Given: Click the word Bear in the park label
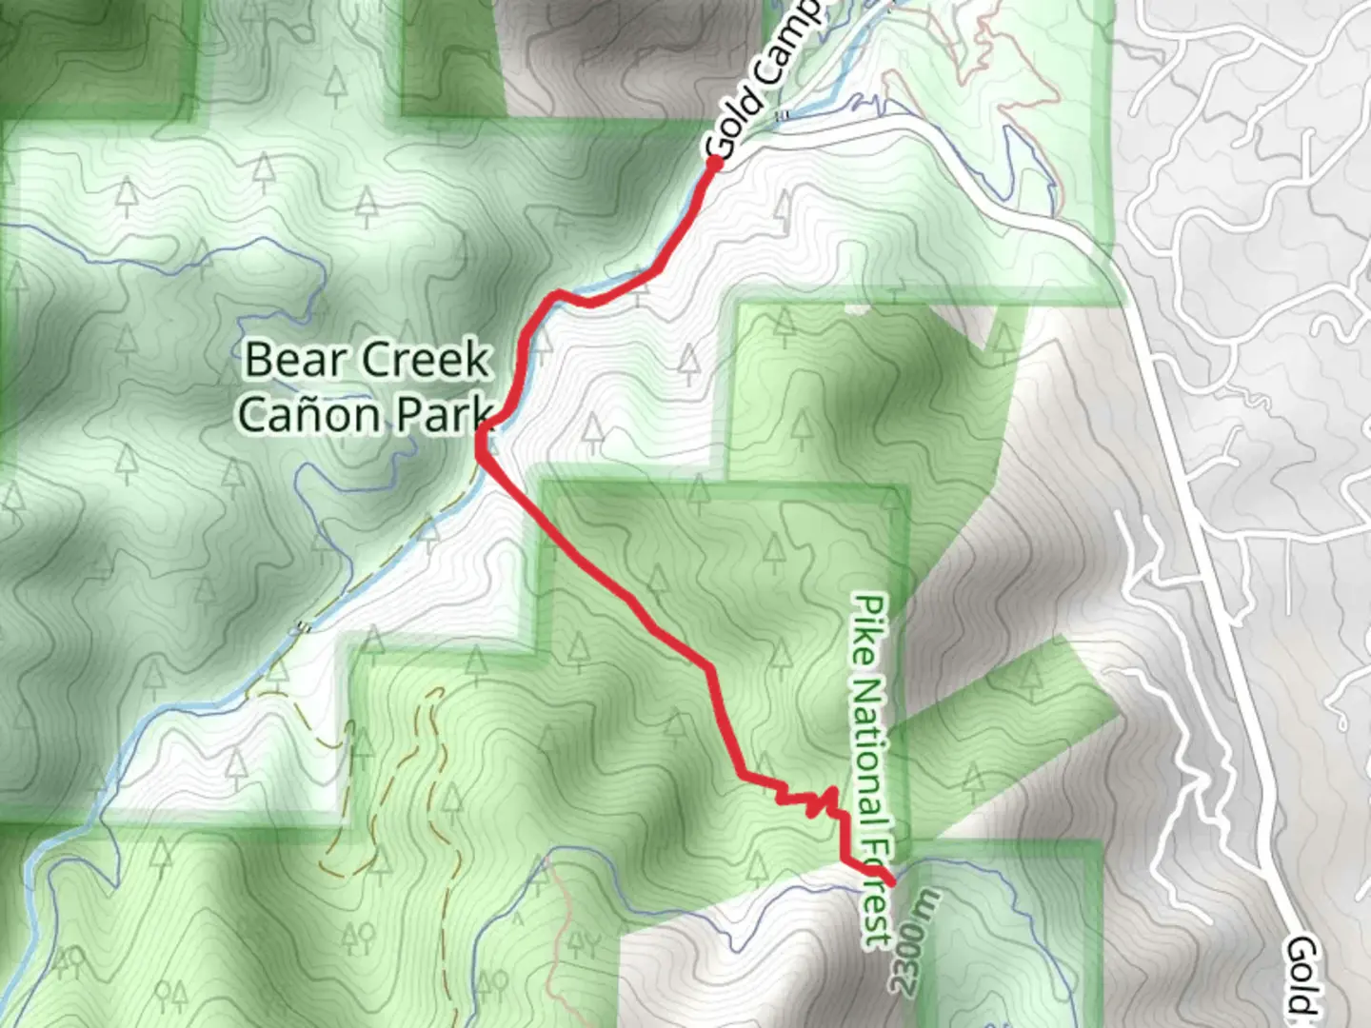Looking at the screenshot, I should click(x=287, y=360).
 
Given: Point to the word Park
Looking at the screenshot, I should click(x=442, y=415).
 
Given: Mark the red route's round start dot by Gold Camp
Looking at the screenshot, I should click(x=714, y=163).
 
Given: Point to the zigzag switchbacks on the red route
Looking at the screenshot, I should click(x=809, y=800).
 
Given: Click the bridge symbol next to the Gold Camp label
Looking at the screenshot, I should click(x=783, y=115).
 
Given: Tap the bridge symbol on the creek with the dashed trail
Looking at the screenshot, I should click(x=304, y=626).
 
